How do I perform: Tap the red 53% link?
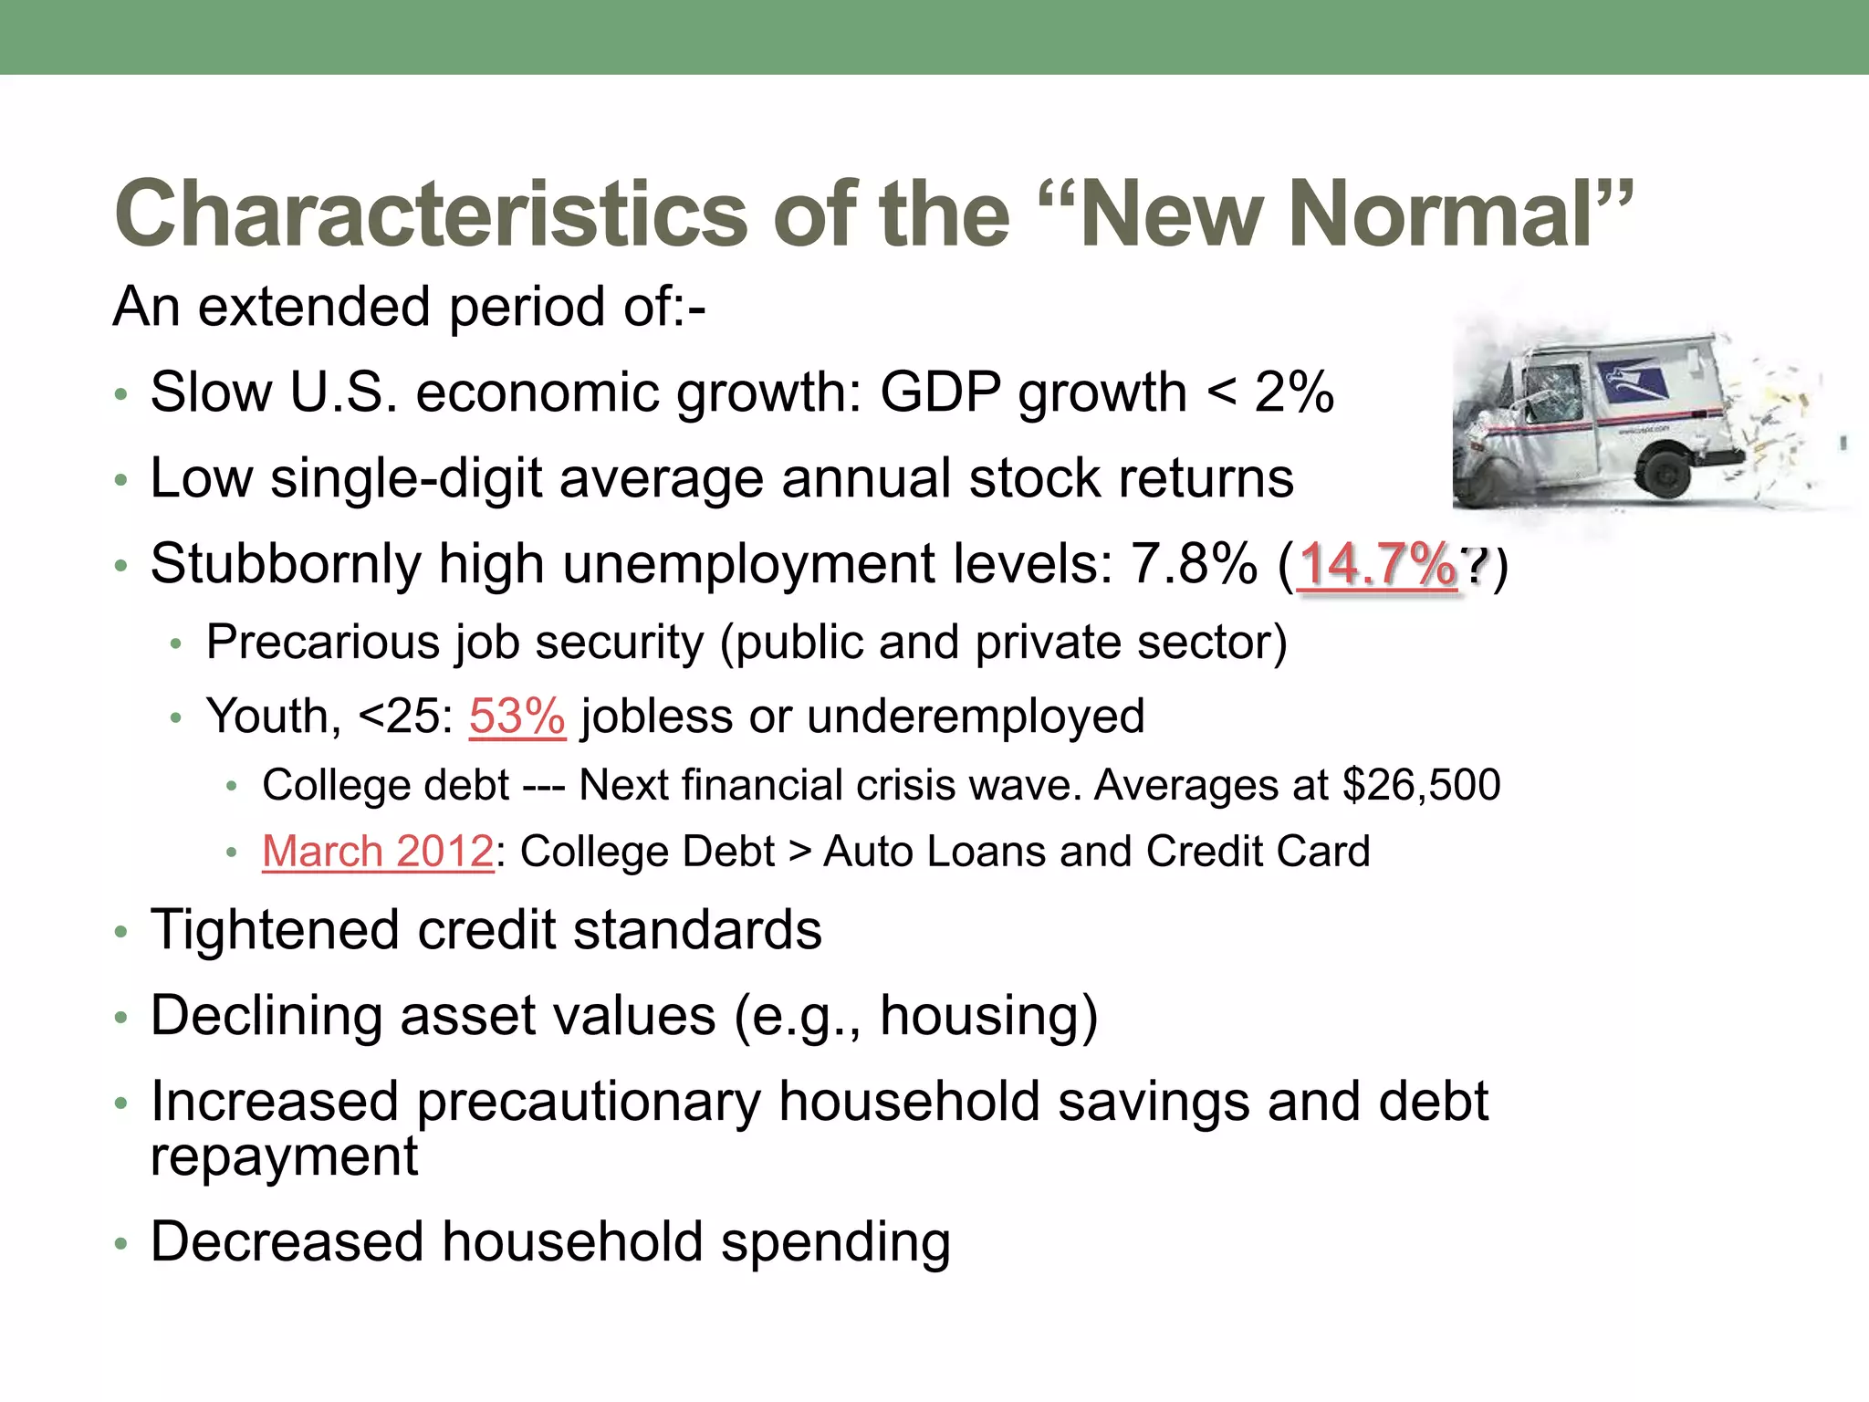click(517, 717)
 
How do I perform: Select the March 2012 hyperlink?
click(378, 852)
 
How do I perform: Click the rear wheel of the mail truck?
click(1667, 472)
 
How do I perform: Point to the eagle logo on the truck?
click(1631, 377)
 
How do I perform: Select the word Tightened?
click(275, 931)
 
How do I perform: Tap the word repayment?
click(284, 1156)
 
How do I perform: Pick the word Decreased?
click(287, 1242)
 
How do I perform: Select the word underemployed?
click(976, 717)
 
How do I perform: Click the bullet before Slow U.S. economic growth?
click(120, 396)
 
